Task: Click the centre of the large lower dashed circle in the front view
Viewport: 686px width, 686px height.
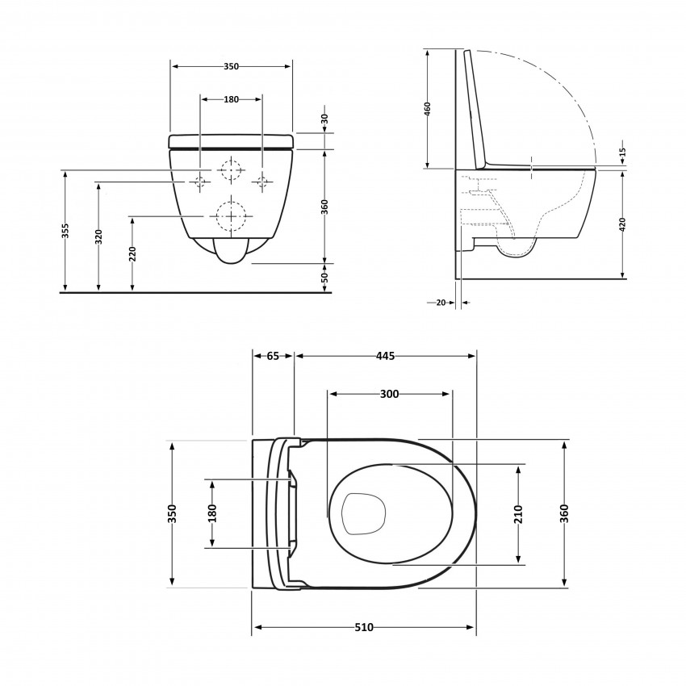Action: (x=231, y=216)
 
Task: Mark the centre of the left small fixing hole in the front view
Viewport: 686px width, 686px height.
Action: (x=200, y=181)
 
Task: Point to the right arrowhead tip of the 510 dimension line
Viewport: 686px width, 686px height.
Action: (x=475, y=627)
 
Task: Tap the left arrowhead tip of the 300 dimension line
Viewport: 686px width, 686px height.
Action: (x=329, y=394)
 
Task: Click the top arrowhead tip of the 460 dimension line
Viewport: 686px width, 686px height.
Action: (x=428, y=49)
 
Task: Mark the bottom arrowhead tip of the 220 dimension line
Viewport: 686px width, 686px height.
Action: (x=132, y=291)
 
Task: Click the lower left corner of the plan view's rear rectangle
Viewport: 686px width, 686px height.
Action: (x=253, y=588)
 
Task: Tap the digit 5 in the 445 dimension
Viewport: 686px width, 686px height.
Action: (x=391, y=356)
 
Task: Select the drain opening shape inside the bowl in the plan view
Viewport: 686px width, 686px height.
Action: (x=363, y=514)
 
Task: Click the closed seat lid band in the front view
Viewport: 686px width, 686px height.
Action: (x=231, y=141)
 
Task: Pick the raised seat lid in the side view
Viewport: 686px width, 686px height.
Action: (x=475, y=110)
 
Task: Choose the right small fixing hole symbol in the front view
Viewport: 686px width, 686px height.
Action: (x=262, y=181)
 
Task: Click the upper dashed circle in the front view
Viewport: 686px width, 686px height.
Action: (x=231, y=169)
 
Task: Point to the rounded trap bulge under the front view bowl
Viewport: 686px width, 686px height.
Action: (x=231, y=251)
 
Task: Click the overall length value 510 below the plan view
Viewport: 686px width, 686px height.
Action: (x=364, y=627)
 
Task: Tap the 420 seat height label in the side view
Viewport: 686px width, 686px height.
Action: (x=623, y=224)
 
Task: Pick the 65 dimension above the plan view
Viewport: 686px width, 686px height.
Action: (x=273, y=356)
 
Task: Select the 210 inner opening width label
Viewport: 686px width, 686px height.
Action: (x=518, y=514)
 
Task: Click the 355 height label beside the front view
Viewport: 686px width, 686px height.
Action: (x=65, y=231)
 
